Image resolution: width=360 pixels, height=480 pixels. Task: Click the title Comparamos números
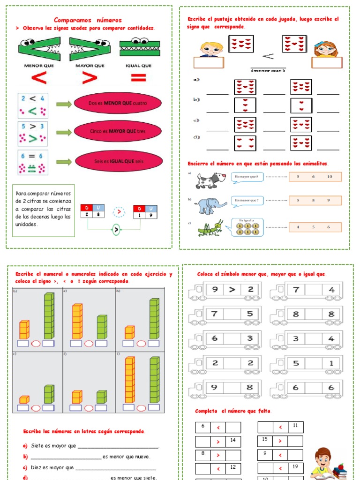pos(88,20)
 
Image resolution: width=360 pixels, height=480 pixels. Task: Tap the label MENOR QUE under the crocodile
pos(40,66)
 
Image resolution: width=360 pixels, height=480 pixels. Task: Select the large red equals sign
pos(135,78)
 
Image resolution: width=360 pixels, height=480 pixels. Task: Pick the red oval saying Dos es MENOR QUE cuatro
pos(117,103)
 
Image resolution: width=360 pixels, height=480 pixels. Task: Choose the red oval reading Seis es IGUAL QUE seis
pos(117,161)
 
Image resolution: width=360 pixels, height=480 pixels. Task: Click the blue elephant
pos(211,205)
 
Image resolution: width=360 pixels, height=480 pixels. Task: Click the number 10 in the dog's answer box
pos(330,177)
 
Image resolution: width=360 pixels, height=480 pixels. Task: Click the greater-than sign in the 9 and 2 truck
pos(232,289)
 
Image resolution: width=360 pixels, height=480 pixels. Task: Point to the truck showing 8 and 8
pos(307,315)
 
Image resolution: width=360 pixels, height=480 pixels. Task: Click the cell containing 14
pos(233,441)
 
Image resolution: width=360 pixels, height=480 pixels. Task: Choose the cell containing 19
pos(295,467)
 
